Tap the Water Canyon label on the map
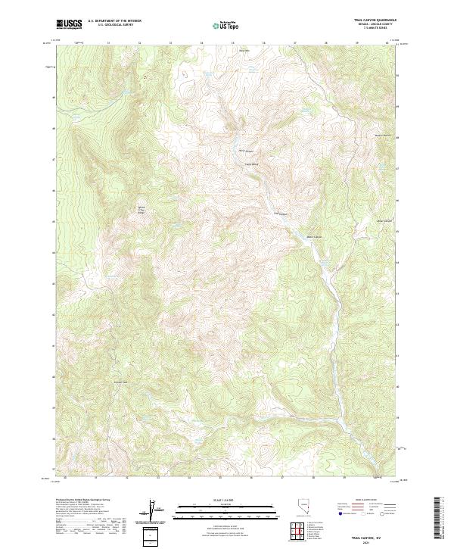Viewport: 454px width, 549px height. point(319,236)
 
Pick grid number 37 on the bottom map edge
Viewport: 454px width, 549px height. point(281,479)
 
